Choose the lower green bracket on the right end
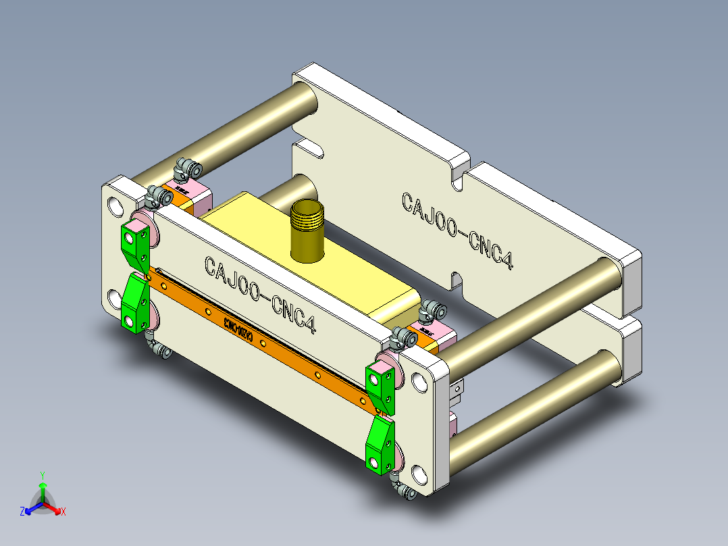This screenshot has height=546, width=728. [x=380, y=444]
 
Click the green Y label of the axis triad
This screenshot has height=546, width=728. [x=42, y=475]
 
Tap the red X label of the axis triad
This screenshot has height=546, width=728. [x=63, y=512]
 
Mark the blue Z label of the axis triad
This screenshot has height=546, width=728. [x=22, y=512]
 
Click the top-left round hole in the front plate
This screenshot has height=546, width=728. [x=113, y=205]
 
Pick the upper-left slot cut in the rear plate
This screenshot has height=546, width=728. [x=308, y=145]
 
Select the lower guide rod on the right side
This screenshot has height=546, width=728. [x=534, y=405]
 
